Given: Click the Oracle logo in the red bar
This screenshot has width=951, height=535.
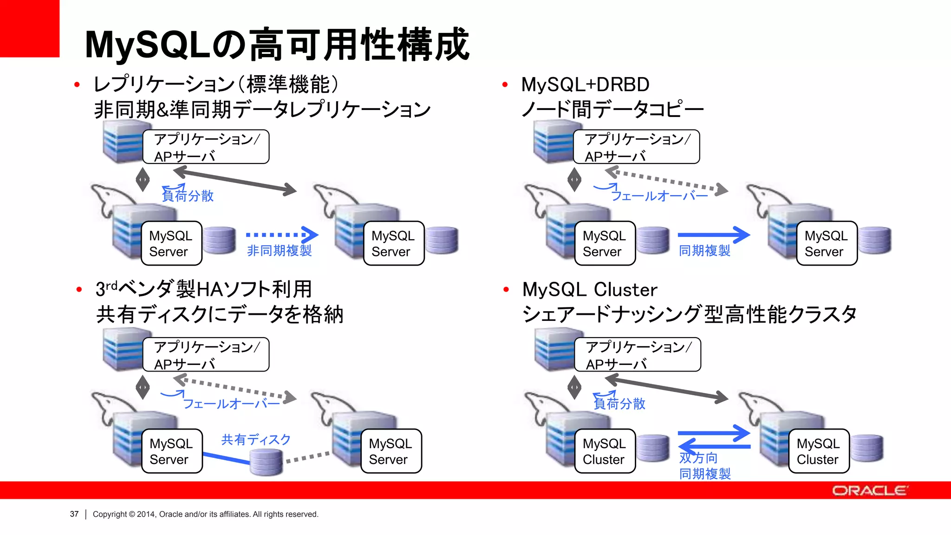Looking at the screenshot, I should pos(869,490).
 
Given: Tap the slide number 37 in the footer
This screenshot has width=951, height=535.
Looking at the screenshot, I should pos(74,514).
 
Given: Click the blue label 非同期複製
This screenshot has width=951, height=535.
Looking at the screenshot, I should pos(279,251).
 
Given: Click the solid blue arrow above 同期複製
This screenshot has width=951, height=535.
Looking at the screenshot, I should pos(713,235).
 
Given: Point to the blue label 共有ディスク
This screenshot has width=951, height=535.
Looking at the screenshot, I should pos(256,439).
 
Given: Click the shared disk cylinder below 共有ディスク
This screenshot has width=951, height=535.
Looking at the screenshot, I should pos(266,462).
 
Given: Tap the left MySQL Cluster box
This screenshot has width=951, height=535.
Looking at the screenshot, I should pos(604,451).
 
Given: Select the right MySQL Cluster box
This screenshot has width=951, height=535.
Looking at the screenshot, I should pos(818,451).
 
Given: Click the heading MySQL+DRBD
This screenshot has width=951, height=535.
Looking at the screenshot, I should pos(585,85).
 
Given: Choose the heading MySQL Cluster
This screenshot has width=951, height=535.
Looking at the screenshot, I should pos(590,290).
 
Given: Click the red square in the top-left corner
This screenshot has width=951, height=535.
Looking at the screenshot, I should pos(29,28).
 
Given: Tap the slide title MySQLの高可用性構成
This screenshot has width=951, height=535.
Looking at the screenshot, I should pos(277,45).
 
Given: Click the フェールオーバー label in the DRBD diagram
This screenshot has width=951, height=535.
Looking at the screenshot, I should pos(659,196).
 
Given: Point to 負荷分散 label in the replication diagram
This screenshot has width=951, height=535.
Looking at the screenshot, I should pos(188,196).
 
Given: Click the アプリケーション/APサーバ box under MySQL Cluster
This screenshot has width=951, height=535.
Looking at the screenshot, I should pos(637,355).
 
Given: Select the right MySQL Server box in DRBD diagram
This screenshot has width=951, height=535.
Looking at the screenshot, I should pos(826,243).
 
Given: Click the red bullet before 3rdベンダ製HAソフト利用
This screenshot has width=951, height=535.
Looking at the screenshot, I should pos(79,290).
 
